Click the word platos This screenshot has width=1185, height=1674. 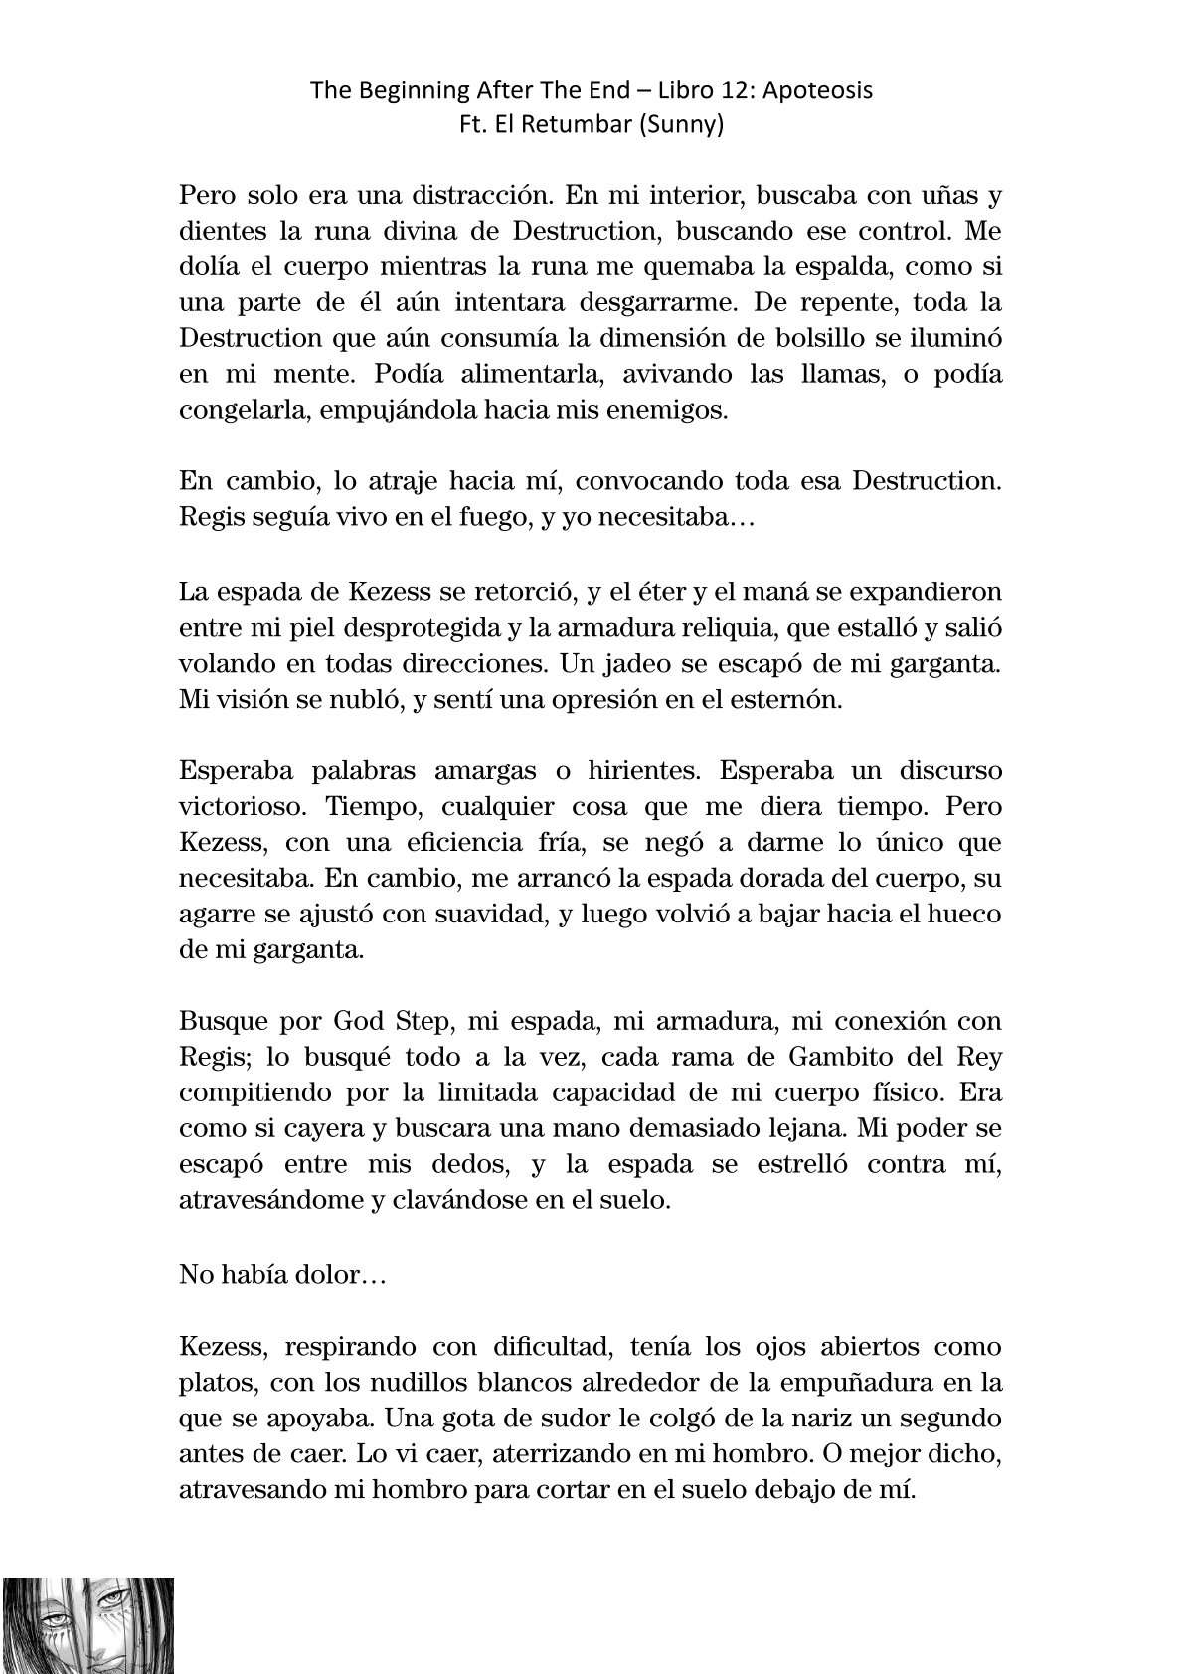(216, 1382)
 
